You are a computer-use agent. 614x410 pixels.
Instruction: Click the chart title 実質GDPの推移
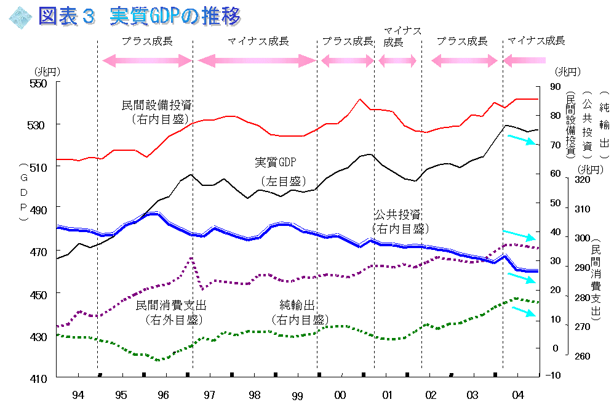pyautogui.click(x=175, y=17)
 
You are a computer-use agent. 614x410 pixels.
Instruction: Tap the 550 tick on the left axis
pyautogui.click(x=38, y=83)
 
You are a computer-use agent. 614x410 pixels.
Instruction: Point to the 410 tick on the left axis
pyautogui.click(x=38, y=379)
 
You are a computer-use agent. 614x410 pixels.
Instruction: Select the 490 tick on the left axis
pyautogui.click(x=38, y=210)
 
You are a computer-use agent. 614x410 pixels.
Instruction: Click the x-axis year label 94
pyautogui.click(x=78, y=395)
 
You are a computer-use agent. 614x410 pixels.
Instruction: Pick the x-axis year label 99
pyautogui.click(x=297, y=396)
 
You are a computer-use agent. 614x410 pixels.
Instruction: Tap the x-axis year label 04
pyautogui.click(x=517, y=395)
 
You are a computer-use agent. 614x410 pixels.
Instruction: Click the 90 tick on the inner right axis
pyautogui.click(x=556, y=86)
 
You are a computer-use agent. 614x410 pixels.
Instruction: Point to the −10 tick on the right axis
pyautogui.click(x=553, y=375)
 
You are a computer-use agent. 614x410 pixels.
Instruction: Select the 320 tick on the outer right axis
pyautogui.click(x=582, y=180)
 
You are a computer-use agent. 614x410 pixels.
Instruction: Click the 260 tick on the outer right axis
pyautogui.click(x=582, y=356)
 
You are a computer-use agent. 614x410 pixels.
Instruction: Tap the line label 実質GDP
pyautogui.click(x=275, y=162)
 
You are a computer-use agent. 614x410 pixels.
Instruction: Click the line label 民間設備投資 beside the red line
pyautogui.click(x=157, y=105)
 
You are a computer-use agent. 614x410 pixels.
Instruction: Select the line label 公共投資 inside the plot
pyautogui.click(x=397, y=214)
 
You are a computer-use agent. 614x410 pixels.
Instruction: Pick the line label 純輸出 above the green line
pyautogui.click(x=297, y=305)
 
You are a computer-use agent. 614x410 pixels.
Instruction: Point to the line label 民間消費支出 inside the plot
pyautogui.click(x=171, y=305)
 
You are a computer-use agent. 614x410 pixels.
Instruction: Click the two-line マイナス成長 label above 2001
pyautogui.click(x=402, y=36)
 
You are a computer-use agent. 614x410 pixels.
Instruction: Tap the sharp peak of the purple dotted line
pyautogui.click(x=191, y=259)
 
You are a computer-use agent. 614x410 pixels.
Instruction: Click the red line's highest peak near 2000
pyautogui.click(x=360, y=99)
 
